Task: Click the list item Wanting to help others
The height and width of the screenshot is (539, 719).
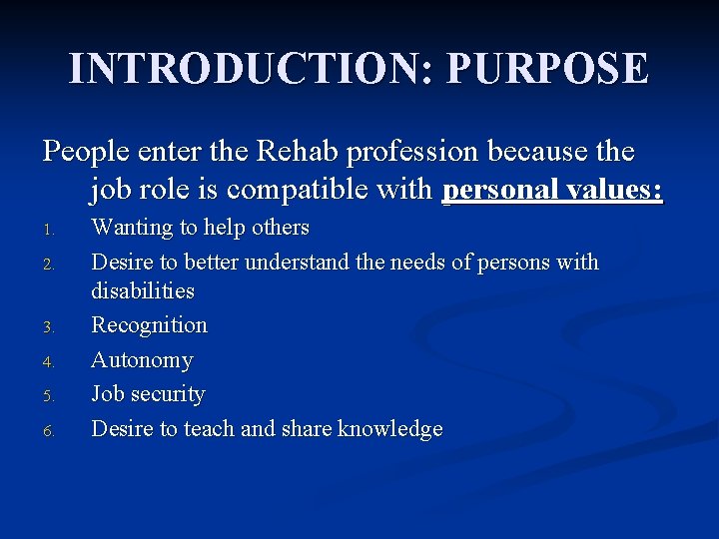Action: pyautogui.click(x=200, y=228)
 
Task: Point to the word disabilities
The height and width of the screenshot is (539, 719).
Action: pyautogui.click(x=143, y=291)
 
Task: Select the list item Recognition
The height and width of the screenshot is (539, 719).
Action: pyautogui.click(x=149, y=325)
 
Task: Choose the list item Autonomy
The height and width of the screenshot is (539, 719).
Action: pyautogui.click(x=142, y=359)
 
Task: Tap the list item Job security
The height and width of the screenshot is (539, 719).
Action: pyautogui.click(x=148, y=394)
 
